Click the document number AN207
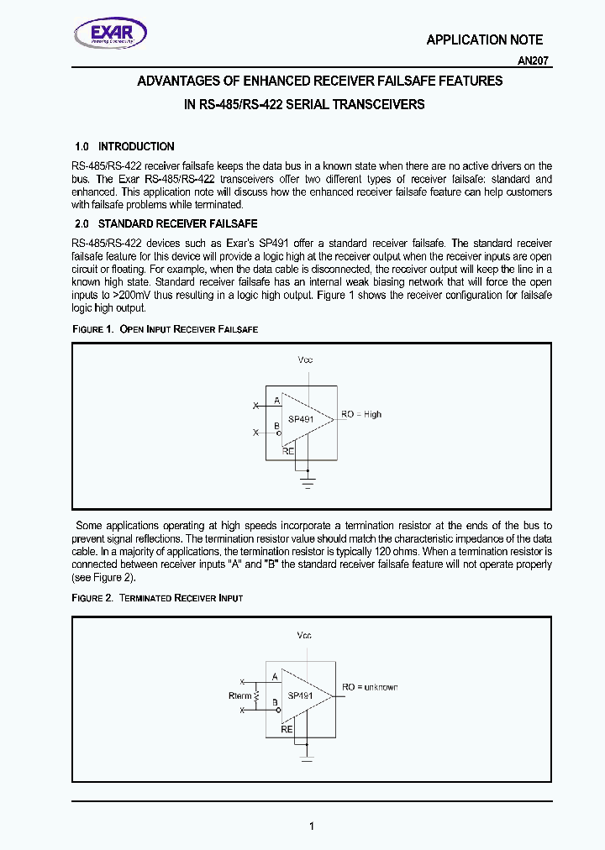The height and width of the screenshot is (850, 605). click(534, 61)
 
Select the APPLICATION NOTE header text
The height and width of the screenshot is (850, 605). click(484, 39)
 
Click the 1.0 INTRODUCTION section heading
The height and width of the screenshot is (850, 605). click(124, 146)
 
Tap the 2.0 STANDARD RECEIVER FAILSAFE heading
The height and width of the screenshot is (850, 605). click(166, 224)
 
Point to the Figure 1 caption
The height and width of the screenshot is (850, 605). click(165, 329)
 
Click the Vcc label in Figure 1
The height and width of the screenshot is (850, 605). click(305, 359)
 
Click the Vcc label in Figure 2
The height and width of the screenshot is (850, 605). click(304, 635)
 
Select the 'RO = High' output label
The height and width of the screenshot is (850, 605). click(361, 414)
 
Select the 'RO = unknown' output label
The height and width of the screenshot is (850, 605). click(370, 687)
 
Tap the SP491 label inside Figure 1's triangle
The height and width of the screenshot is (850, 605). click(300, 419)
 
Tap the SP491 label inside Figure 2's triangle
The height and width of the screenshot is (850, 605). click(300, 695)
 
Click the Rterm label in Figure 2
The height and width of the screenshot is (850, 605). click(240, 695)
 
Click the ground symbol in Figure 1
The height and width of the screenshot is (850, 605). click(308, 483)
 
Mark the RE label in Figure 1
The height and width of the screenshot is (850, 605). click(288, 450)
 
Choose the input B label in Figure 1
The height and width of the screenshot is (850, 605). click(276, 427)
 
